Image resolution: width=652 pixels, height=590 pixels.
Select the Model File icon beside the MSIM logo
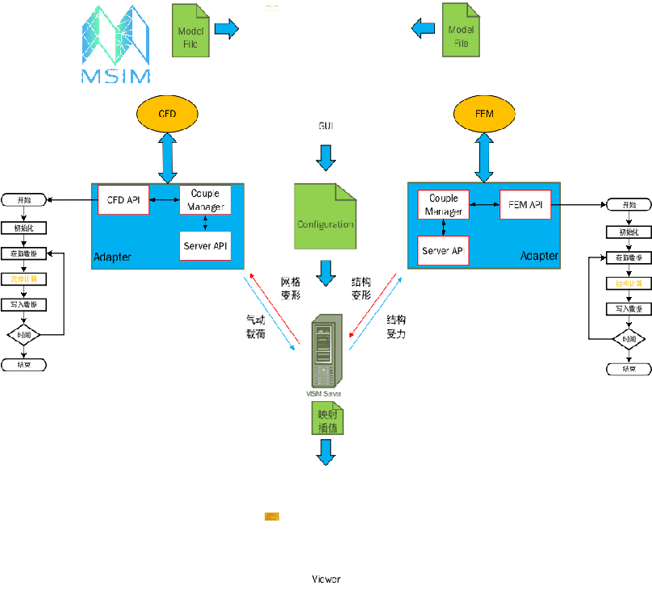[x=190, y=31]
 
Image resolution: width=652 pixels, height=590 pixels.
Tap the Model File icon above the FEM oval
[x=461, y=31]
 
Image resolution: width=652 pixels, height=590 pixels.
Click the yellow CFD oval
[x=167, y=114]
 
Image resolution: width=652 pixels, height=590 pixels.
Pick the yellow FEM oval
[x=484, y=114]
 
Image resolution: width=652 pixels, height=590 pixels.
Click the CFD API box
[x=123, y=199]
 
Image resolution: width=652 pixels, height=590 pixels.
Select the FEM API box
[x=525, y=204]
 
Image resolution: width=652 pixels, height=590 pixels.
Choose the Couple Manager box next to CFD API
[x=205, y=199]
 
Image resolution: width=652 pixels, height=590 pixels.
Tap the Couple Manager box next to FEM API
[x=443, y=204]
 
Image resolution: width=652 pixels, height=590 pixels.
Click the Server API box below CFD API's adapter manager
[x=205, y=245]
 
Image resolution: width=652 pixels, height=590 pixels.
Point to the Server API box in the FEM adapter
[x=443, y=251]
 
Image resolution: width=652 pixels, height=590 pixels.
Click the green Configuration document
[x=325, y=216]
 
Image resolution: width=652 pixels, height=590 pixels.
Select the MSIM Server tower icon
[x=327, y=351]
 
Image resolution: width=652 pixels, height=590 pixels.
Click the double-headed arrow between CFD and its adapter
[x=167, y=158]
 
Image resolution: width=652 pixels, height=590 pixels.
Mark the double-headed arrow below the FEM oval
[x=484, y=157]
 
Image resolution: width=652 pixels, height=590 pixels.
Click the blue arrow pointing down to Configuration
[x=325, y=157]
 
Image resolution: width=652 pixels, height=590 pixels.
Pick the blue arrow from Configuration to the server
[x=325, y=273]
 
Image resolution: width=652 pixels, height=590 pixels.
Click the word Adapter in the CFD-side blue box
[x=112, y=257]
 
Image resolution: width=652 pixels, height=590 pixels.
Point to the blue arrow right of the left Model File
[x=227, y=29]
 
